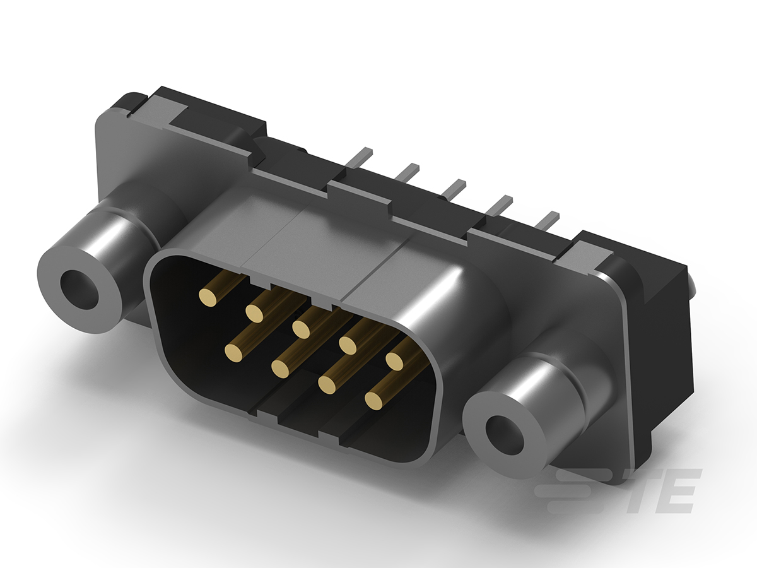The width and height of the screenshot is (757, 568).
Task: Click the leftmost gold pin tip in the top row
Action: [207, 297]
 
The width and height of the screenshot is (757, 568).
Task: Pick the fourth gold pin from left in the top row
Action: [348, 345]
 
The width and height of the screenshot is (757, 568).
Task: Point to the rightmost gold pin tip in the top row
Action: [395, 361]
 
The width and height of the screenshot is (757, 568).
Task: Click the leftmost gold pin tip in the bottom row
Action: [233, 353]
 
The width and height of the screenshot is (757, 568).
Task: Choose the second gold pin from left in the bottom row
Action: [280, 368]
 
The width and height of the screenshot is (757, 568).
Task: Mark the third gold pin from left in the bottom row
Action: [327, 384]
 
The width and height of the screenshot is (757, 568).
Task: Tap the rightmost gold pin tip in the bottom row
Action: [374, 400]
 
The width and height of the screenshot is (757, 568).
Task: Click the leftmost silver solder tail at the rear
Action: [361, 155]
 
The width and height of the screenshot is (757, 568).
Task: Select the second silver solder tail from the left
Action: [408, 170]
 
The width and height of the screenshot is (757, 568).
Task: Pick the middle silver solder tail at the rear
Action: [454, 186]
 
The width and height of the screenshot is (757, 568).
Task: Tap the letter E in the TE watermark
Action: [678, 491]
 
